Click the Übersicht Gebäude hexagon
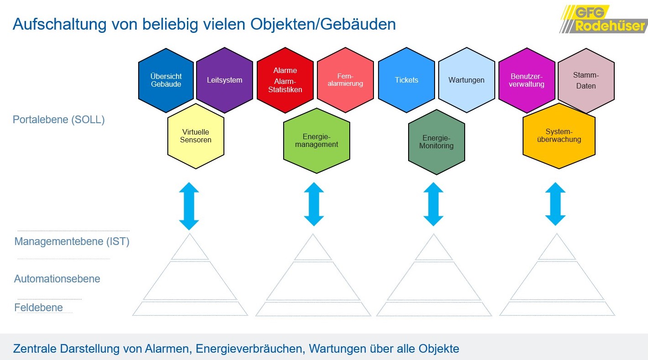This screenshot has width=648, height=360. coord(166,80)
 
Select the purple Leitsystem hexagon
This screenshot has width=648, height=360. coord(224,80)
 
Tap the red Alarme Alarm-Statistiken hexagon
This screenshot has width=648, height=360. coord(285,80)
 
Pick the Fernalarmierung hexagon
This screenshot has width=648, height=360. coord(345,80)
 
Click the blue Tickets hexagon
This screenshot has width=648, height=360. coord(406,80)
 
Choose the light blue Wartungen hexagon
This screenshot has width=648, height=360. coord(467,80)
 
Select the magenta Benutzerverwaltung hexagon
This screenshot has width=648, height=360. coord(527,80)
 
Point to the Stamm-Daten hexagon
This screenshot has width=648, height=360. coord(586,81)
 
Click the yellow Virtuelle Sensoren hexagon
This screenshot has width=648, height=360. coord(196,136)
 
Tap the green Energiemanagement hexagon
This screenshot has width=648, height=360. coord(316,141)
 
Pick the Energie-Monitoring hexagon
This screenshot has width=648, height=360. coord(436,142)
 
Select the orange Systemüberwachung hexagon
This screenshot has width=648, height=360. coord(559,136)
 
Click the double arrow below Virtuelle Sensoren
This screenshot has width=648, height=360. coord(189,206)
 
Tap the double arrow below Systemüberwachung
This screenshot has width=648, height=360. coord(555,204)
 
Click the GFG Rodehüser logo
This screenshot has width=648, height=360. coord(603,19)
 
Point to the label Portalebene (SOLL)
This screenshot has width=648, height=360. coord(58,120)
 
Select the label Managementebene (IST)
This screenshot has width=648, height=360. coord(72,241)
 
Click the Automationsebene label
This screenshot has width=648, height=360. coord(57,279)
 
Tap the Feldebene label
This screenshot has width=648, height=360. coord(38,308)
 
